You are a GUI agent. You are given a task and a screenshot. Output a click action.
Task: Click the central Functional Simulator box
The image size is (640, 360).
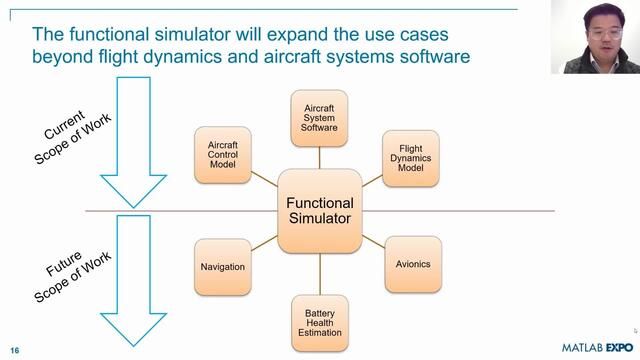tap(320, 211)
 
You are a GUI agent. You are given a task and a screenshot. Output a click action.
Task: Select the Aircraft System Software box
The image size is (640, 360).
tap(319, 118)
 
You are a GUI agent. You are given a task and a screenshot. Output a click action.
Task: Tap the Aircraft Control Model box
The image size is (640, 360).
tap(223, 155)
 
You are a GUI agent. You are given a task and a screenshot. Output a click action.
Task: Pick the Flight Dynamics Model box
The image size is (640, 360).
tap(411, 158)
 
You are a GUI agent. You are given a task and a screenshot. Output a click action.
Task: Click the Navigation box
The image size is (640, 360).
tap(223, 267)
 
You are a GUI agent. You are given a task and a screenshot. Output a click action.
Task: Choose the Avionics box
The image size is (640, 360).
tap(413, 264)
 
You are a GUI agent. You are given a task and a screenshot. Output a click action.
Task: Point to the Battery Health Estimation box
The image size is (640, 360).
tap(320, 323)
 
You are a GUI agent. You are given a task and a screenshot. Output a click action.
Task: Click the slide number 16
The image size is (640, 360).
tap(15, 351)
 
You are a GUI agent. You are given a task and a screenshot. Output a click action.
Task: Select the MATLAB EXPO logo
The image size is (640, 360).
tap(598, 348)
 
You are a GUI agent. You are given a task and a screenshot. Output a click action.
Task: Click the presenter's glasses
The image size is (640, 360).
tap(606, 33)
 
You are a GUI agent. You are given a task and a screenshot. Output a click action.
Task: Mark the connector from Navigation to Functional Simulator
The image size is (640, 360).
tap(264, 243)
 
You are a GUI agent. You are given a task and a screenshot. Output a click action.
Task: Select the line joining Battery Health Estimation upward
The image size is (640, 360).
tap(320, 274)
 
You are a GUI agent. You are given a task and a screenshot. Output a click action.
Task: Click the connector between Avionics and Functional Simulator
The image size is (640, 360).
tap(373, 242)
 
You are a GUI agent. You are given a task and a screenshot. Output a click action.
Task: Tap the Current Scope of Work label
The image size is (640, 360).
tap(72, 137)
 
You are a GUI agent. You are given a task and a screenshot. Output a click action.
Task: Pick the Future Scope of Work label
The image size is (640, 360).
tap(72, 276)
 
